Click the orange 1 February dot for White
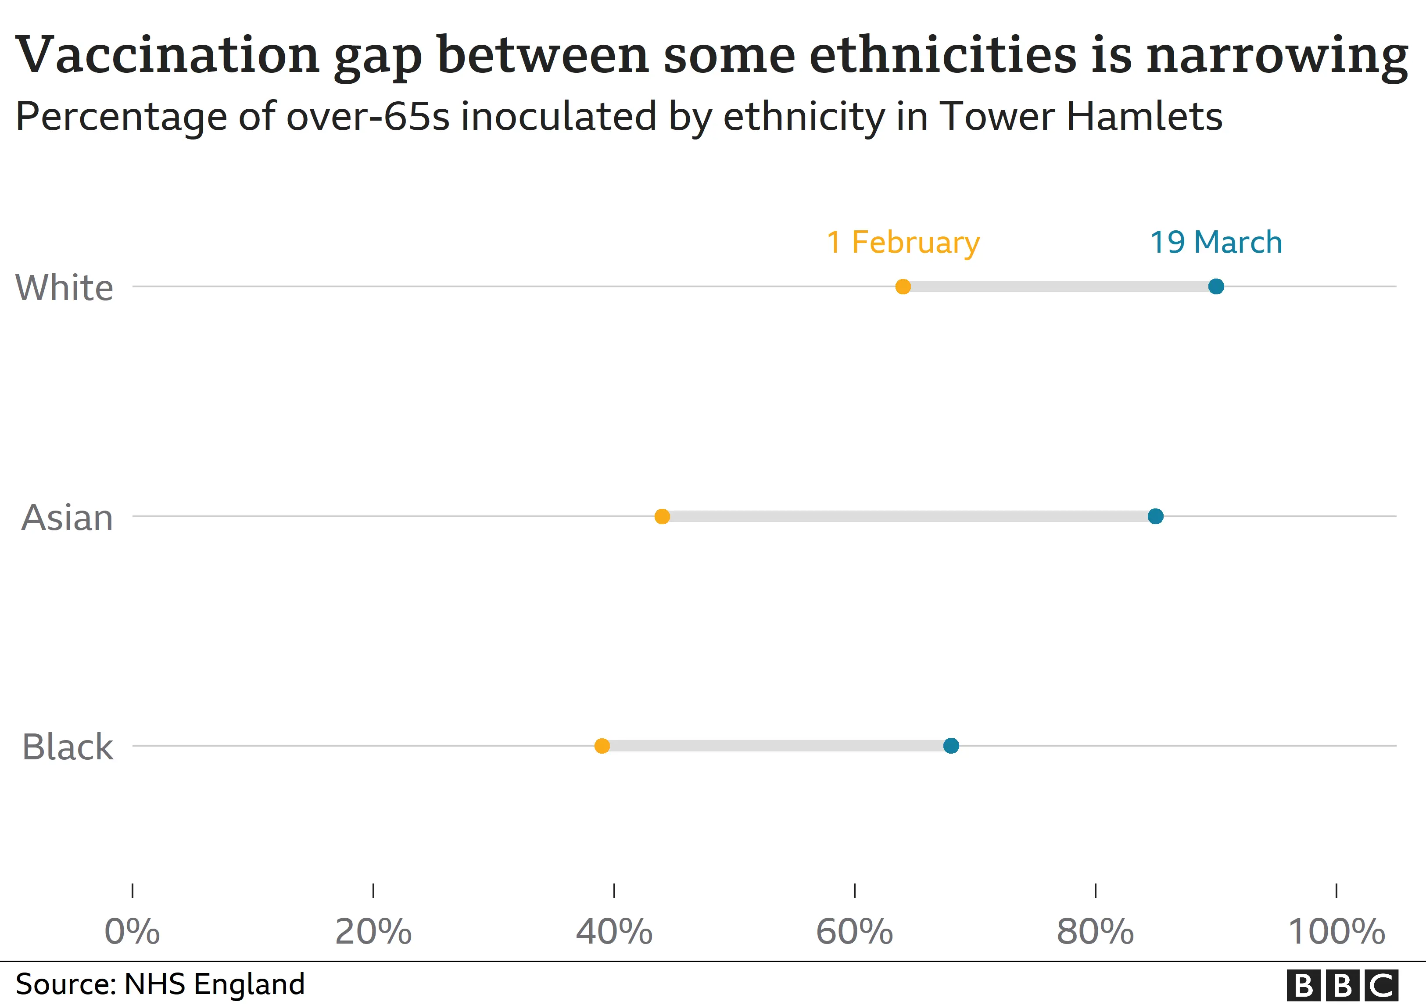903,287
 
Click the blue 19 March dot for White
1215,287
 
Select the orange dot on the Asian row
662,516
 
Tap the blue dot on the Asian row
1155,516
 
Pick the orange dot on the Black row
602,746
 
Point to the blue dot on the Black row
951,746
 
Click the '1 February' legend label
903,242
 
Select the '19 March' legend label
1215,242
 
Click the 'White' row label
64,288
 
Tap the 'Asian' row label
67,518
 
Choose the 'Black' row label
67,747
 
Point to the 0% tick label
133,932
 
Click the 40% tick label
614,932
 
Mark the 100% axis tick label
1336,932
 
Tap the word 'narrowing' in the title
1276,56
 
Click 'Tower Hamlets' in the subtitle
1081,116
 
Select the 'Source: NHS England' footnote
160,984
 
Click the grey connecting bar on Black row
776,746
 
